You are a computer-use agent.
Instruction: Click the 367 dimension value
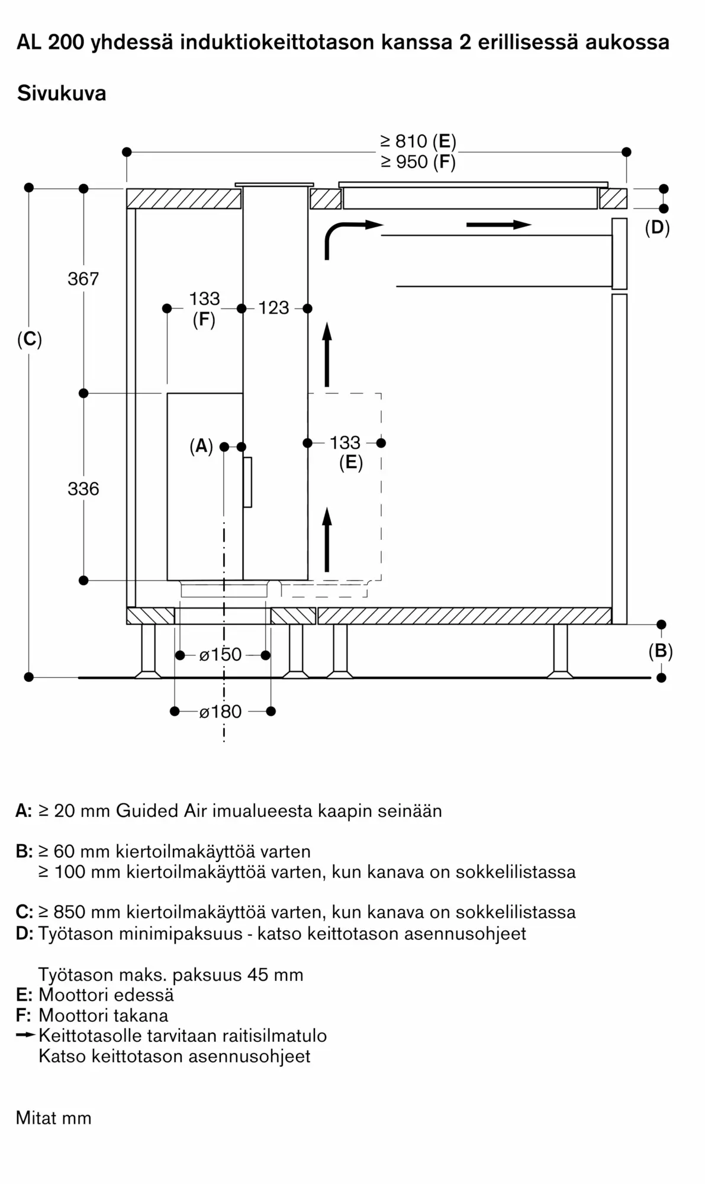(83, 278)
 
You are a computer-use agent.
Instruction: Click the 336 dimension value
(83, 488)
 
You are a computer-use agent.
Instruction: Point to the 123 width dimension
(273, 308)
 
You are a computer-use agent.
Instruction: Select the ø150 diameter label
(221, 654)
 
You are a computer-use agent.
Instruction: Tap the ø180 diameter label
(221, 711)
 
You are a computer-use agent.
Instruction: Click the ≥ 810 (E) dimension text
(418, 141)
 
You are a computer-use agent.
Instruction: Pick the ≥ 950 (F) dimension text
(418, 162)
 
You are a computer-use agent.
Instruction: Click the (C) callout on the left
(30, 339)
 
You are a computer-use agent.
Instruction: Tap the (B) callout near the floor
(661, 651)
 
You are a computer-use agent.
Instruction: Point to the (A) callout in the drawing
(201, 446)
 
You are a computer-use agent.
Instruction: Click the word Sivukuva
(62, 93)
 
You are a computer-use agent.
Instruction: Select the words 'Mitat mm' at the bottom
(54, 1118)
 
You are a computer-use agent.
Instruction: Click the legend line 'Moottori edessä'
(106, 995)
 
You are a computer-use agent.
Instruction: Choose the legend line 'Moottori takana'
(103, 1015)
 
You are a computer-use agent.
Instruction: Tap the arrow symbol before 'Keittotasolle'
(26, 1035)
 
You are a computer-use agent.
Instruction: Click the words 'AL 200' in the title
(50, 42)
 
